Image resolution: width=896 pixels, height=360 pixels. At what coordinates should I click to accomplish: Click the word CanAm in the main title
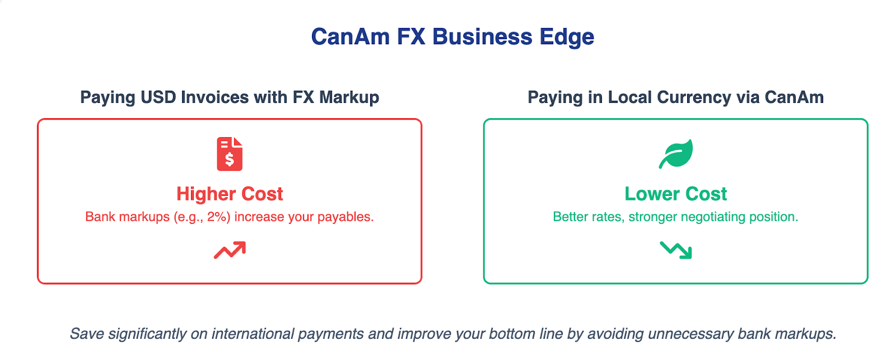click(x=351, y=37)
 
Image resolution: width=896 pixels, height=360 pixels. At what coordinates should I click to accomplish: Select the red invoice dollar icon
click(x=230, y=154)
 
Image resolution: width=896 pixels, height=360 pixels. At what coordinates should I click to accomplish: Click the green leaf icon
click(x=676, y=154)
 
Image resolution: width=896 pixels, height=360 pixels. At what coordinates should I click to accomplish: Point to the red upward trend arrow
click(x=230, y=250)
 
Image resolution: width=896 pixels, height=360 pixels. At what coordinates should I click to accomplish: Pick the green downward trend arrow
click(x=676, y=250)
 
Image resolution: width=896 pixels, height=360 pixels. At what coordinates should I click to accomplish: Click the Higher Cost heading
click(x=230, y=194)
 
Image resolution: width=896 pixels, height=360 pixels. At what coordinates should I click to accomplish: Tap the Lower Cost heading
click(x=676, y=194)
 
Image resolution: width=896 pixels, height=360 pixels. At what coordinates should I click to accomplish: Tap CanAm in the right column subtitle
click(x=795, y=97)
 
